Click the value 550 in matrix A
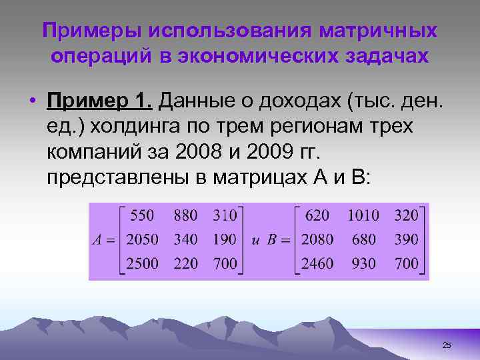point(142,215)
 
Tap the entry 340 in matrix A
point(185,239)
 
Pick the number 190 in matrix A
point(225,239)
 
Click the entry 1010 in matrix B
point(363,215)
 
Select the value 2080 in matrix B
point(317,239)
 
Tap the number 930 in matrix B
point(363,263)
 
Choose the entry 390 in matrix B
point(407,239)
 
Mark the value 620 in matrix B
point(317,215)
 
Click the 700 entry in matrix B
point(407,263)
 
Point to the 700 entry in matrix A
point(225,263)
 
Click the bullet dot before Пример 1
point(32,101)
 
